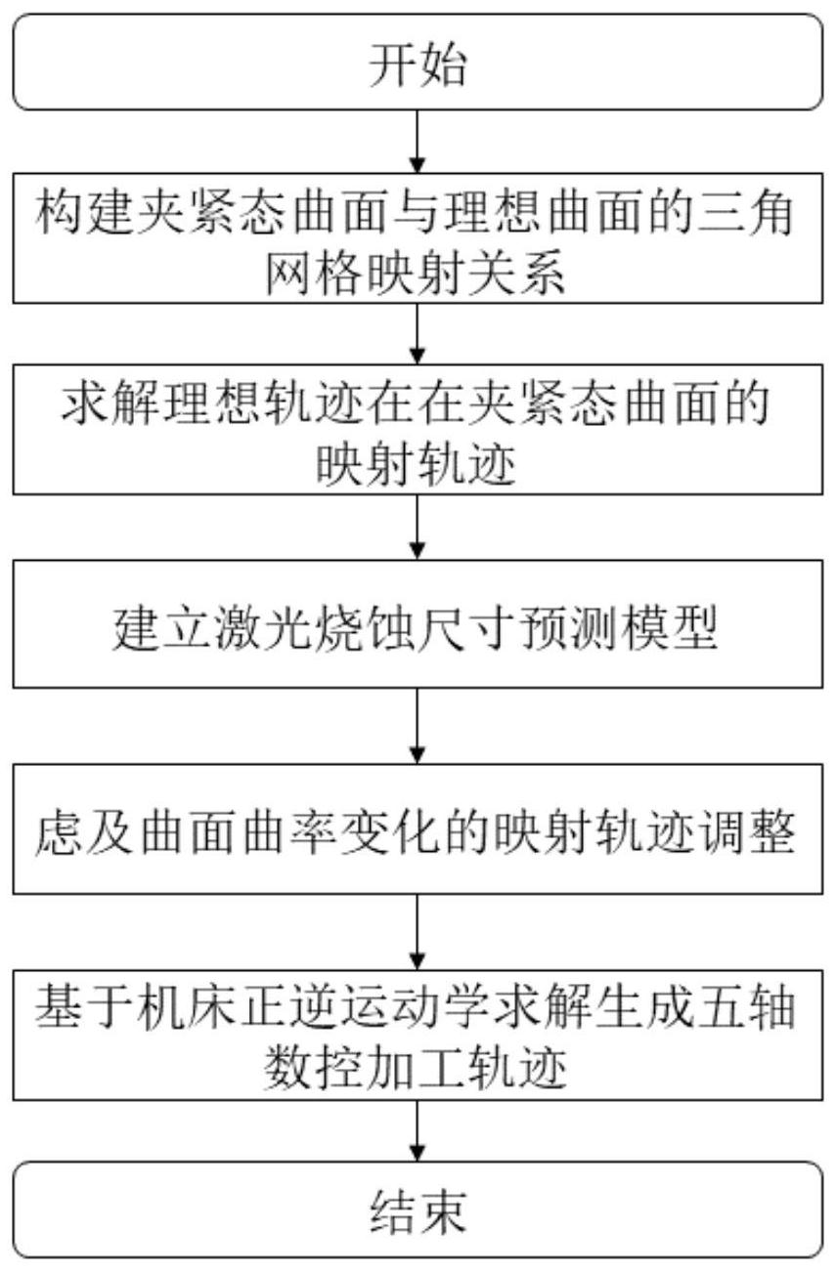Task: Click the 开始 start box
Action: point(418,62)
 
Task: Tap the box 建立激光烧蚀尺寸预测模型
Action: point(418,624)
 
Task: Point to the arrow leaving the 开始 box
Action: point(418,142)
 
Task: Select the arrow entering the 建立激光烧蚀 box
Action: point(418,528)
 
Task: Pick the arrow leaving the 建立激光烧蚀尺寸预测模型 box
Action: point(418,726)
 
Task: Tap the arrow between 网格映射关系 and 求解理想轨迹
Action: point(418,334)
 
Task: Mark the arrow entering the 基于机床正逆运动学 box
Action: point(418,932)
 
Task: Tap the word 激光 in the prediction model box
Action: point(265,628)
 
